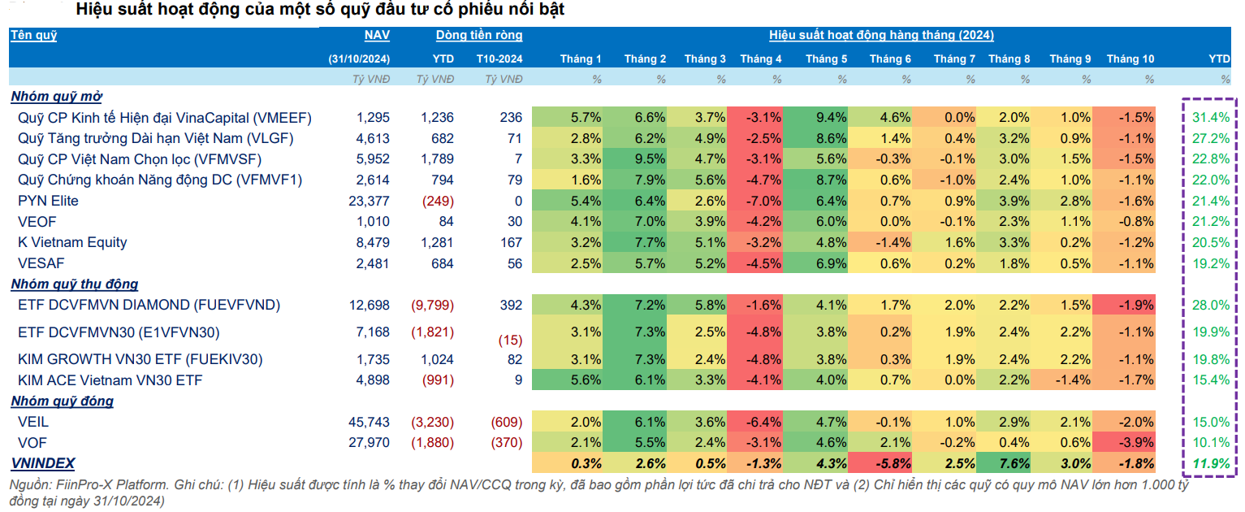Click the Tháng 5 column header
827,59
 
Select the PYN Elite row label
49,201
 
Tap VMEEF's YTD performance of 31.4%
1211,117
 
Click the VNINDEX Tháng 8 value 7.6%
1009,463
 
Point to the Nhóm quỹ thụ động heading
75,284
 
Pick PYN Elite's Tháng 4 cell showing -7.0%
763,201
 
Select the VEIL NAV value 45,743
369,422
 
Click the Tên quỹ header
34,35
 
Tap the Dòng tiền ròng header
479,35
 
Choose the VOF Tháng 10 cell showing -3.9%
1136,443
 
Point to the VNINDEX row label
43,463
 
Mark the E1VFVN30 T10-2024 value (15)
510,340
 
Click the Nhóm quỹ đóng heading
63,401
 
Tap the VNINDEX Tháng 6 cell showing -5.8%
892,463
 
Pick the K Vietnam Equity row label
72,242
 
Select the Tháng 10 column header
1130,59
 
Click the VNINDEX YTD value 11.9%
1211,463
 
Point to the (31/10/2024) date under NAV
359,59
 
